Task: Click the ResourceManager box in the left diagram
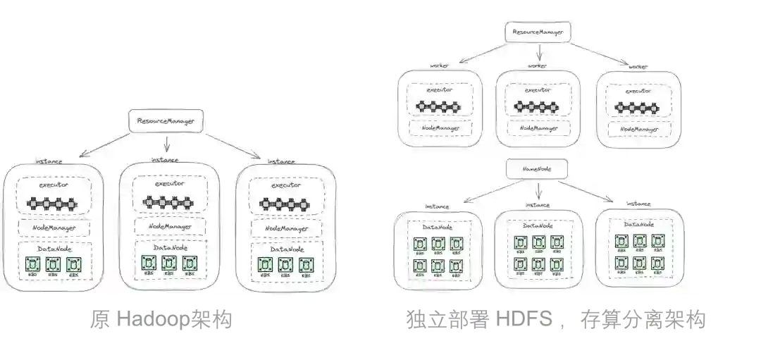pos(166,120)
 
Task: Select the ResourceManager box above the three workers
pos(538,32)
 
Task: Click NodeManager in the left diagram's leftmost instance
pos(54,228)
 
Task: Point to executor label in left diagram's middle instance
pos(168,182)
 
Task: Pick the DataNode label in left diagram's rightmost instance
pos(287,249)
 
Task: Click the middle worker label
pos(538,66)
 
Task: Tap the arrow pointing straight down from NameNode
pos(538,190)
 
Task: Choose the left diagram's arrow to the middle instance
pos(166,143)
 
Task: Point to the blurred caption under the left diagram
pos(163,321)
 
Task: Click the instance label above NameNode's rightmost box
pos(638,204)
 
